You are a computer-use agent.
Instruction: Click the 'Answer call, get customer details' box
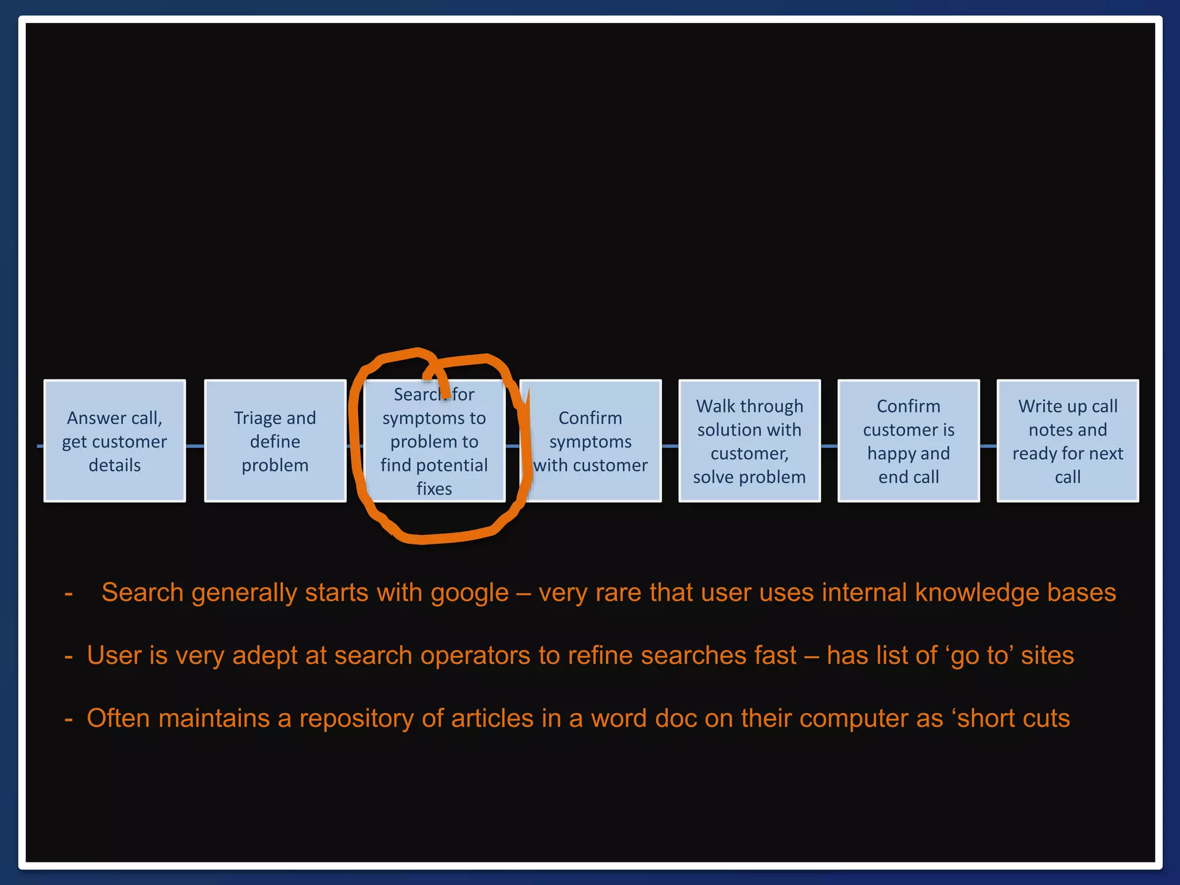(x=115, y=441)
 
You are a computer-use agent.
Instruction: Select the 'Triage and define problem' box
(x=275, y=441)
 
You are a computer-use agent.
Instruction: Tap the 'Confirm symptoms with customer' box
(x=591, y=441)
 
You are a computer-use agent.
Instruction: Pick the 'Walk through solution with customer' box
(x=749, y=441)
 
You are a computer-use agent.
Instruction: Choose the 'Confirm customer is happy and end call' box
(x=908, y=441)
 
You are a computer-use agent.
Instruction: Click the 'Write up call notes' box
(x=1067, y=441)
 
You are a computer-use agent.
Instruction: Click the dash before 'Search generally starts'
(x=69, y=593)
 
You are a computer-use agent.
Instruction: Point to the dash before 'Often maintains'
(x=69, y=719)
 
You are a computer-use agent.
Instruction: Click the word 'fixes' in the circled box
(x=434, y=489)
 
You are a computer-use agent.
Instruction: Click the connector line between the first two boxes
(x=195, y=446)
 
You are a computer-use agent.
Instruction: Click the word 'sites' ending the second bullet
(x=1047, y=656)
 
